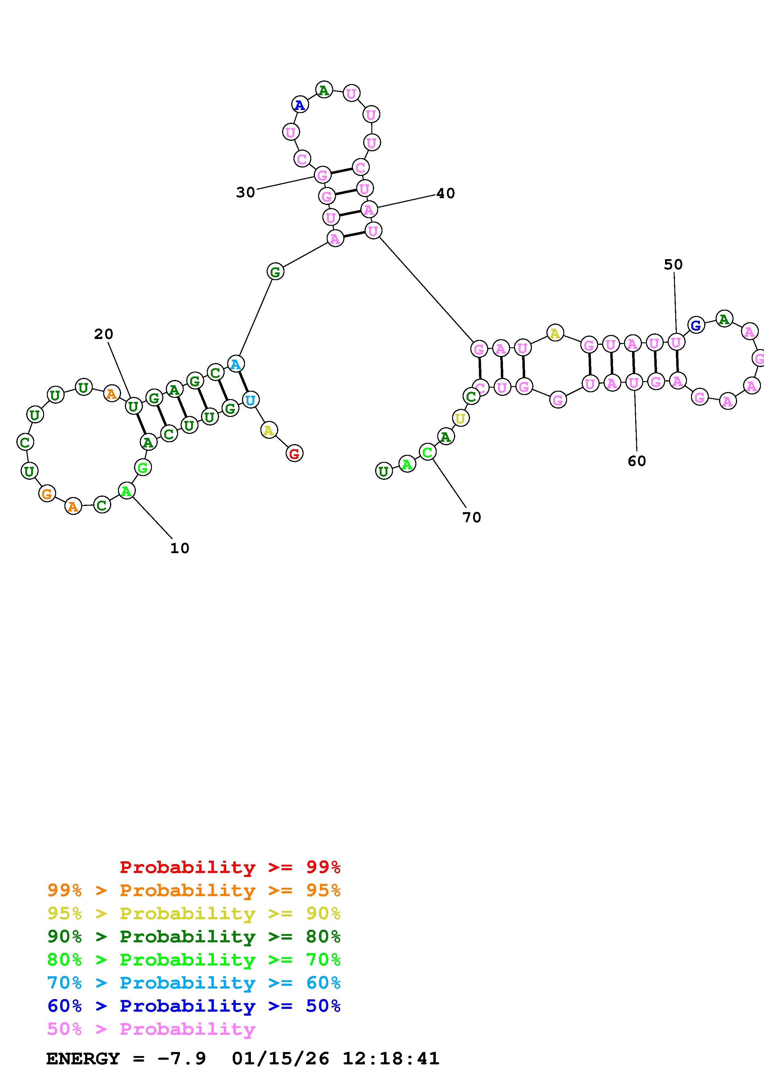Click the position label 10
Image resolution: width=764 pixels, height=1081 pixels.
pos(179,548)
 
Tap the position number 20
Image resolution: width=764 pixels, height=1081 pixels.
pos(104,334)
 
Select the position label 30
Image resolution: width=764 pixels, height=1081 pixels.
pos(245,192)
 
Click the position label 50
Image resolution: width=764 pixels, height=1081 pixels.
pos(673,265)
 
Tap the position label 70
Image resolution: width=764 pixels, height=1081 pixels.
pos(472,517)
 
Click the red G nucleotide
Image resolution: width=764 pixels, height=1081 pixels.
pos(294,454)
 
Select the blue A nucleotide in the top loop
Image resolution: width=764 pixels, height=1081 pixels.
pos(299,104)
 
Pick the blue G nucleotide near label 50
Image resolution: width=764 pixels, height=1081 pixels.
pos(696,325)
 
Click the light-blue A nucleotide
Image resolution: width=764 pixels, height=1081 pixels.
pos(235,364)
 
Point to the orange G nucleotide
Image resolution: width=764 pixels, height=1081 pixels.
pos(47,494)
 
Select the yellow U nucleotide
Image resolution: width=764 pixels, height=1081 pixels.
pos(460,418)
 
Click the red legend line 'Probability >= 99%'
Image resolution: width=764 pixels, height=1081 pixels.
pos(230,867)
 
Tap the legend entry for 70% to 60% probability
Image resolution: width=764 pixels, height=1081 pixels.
pos(194,983)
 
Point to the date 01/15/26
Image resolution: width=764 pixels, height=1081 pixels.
pos(280,1059)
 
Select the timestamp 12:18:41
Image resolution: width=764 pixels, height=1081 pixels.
pos(391,1059)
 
